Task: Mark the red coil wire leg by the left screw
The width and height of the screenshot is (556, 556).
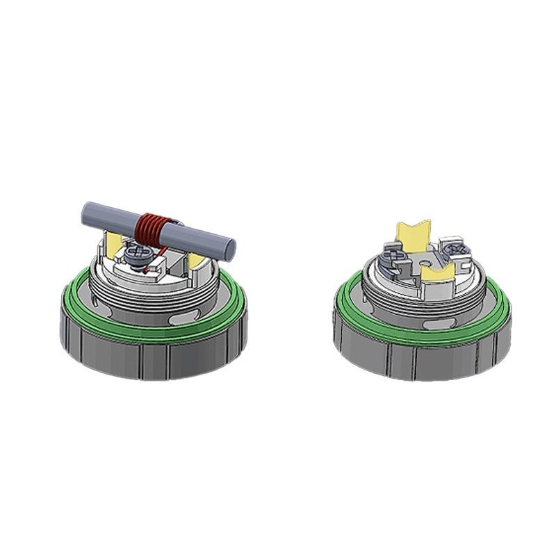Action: pyautogui.click(x=150, y=252)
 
